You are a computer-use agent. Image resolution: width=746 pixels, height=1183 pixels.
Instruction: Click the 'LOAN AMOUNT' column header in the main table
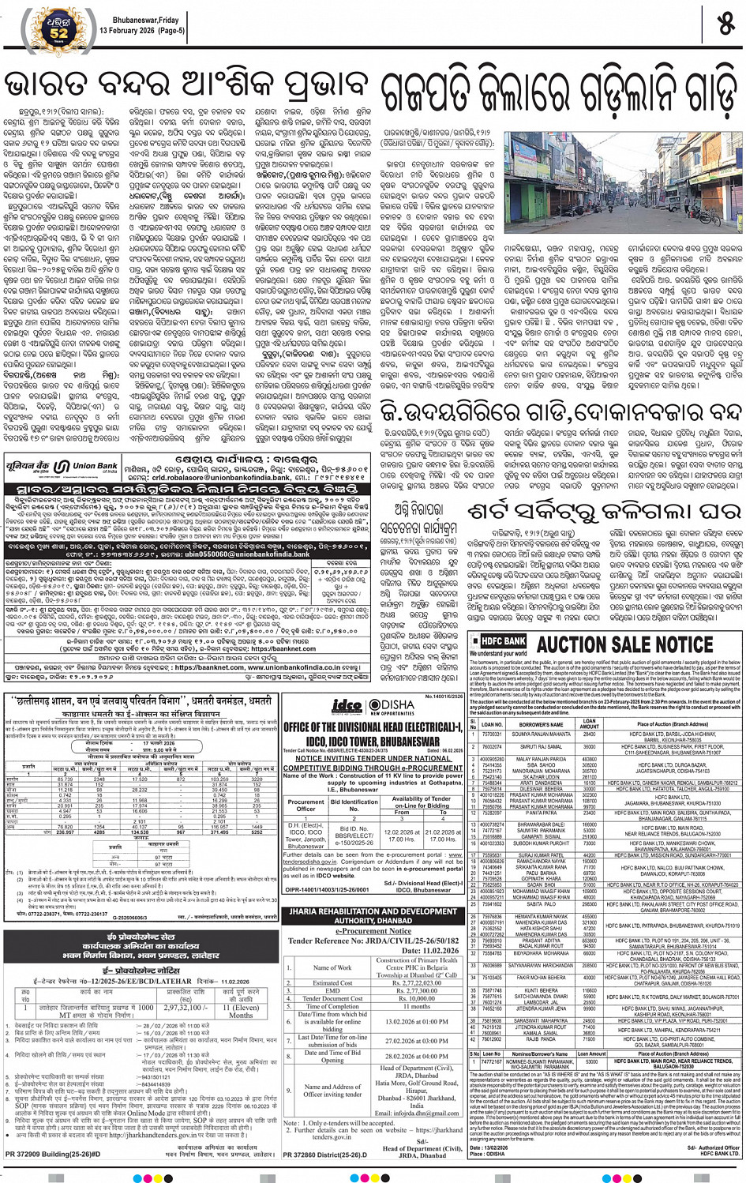tap(590, 723)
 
